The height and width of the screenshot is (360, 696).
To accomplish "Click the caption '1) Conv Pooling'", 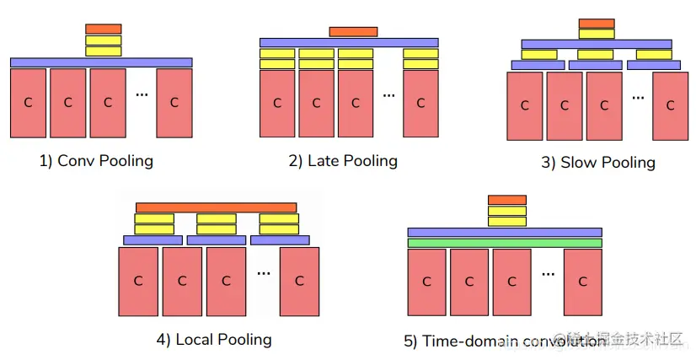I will pos(96,160).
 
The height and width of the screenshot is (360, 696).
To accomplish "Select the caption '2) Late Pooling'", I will pos(343,160).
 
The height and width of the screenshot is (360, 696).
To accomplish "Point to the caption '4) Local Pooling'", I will pos(214,339).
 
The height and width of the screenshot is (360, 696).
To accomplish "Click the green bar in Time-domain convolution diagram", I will pos(504,243).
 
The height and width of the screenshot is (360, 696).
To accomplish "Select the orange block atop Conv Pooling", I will pos(104,29).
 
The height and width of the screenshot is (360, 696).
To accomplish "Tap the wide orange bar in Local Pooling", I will pos(216,207).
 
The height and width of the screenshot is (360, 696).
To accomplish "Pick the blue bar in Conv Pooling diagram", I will pos(101,62).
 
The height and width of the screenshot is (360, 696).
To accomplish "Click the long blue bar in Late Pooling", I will pos(348,42).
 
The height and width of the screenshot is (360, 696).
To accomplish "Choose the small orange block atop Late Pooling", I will pos(353,32).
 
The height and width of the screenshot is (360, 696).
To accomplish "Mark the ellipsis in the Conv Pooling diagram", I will pos(142,94).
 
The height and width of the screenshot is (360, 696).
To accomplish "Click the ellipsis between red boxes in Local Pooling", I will pos(264,272).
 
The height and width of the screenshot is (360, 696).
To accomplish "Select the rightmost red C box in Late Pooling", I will pos(420,103).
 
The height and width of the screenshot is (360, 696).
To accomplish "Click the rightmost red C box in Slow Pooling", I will pos(670,105).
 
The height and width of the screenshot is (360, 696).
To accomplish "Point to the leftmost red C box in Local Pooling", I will pos(138,281).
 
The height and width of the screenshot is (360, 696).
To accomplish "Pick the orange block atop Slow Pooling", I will pos(597,24).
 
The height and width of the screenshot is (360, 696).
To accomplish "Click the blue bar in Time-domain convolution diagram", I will pos(504,232).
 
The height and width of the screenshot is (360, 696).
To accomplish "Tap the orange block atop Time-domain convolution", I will pos(506,200).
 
